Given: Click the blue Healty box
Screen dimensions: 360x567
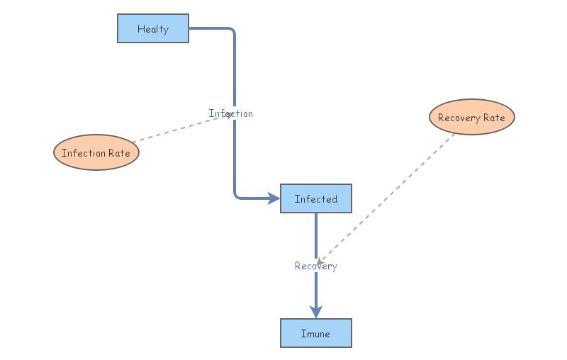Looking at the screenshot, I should click(153, 28).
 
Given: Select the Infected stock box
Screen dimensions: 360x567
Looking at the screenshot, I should click(315, 198).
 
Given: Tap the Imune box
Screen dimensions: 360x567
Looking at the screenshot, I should click(315, 333).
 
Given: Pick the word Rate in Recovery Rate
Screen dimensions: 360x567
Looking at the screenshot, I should click(494, 118).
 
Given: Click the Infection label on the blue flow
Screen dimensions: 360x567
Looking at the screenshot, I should click(230, 113).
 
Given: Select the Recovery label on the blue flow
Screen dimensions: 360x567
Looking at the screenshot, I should click(315, 266).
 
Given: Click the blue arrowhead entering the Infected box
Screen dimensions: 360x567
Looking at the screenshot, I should click(274, 198).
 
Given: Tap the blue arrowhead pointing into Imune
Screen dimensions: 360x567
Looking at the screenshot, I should click(316, 312).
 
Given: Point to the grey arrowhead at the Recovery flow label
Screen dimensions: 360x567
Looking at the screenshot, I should click(320, 262).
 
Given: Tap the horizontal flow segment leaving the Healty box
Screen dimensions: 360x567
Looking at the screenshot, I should click(209, 28).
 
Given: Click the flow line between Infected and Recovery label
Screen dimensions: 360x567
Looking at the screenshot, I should click(316, 234).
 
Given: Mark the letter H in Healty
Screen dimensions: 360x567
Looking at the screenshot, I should click(140, 29).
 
